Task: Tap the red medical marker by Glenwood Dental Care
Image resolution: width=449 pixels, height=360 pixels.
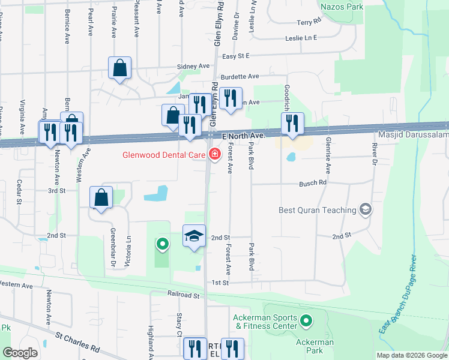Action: point(214,154)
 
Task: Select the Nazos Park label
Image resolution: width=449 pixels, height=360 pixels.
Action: point(342,7)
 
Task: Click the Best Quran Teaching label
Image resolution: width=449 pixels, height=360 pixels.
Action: point(318,210)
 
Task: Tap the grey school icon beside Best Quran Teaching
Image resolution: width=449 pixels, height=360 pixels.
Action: point(364,209)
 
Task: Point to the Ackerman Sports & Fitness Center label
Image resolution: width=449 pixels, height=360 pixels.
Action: point(266,322)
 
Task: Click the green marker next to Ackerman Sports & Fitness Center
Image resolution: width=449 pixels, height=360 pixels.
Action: point(307,322)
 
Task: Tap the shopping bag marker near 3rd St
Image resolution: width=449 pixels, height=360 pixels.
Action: point(101,197)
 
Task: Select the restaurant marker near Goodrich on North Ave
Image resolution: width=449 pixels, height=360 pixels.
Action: point(292,124)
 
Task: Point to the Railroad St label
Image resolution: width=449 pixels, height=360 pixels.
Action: point(184,295)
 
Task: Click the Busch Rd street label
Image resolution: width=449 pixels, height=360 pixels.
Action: point(313,182)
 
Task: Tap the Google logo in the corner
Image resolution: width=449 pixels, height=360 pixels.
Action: point(20,353)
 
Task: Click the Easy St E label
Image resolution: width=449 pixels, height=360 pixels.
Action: point(235,56)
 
